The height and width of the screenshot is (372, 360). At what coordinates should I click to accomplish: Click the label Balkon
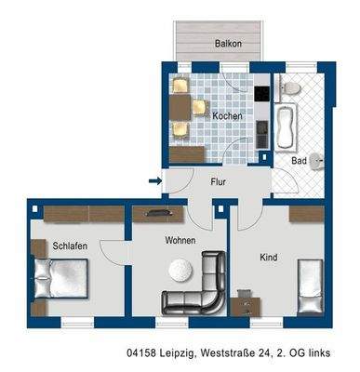click(228, 44)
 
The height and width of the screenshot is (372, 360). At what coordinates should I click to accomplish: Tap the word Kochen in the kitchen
click(228, 115)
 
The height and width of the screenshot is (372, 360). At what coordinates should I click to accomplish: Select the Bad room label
click(298, 161)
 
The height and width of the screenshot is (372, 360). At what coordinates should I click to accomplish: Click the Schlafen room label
click(70, 246)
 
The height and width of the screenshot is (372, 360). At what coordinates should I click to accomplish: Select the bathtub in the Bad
click(284, 127)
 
